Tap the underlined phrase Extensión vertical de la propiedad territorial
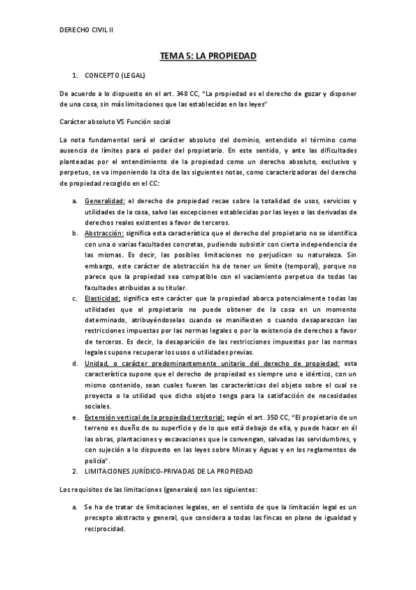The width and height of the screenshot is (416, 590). coord(148,417)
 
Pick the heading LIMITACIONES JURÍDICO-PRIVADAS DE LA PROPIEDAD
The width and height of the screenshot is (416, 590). coord(170,471)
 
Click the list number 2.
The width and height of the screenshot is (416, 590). coord(74,471)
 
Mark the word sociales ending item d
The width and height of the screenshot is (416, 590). coord(98,406)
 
